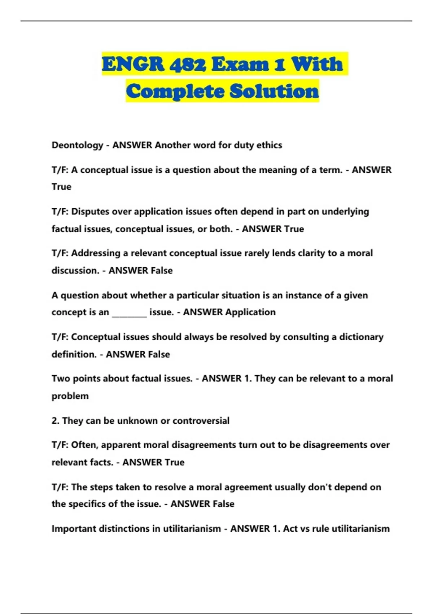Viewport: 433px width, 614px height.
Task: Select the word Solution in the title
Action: tap(274, 91)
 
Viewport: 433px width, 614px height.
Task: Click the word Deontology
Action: tap(77, 145)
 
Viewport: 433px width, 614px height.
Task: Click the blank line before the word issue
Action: tap(129, 312)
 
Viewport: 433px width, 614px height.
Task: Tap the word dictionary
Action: tap(361, 337)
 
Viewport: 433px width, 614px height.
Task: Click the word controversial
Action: tap(201, 421)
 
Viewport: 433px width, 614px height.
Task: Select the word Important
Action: tap(74, 529)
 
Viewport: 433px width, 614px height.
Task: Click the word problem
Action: tap(70, 396)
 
